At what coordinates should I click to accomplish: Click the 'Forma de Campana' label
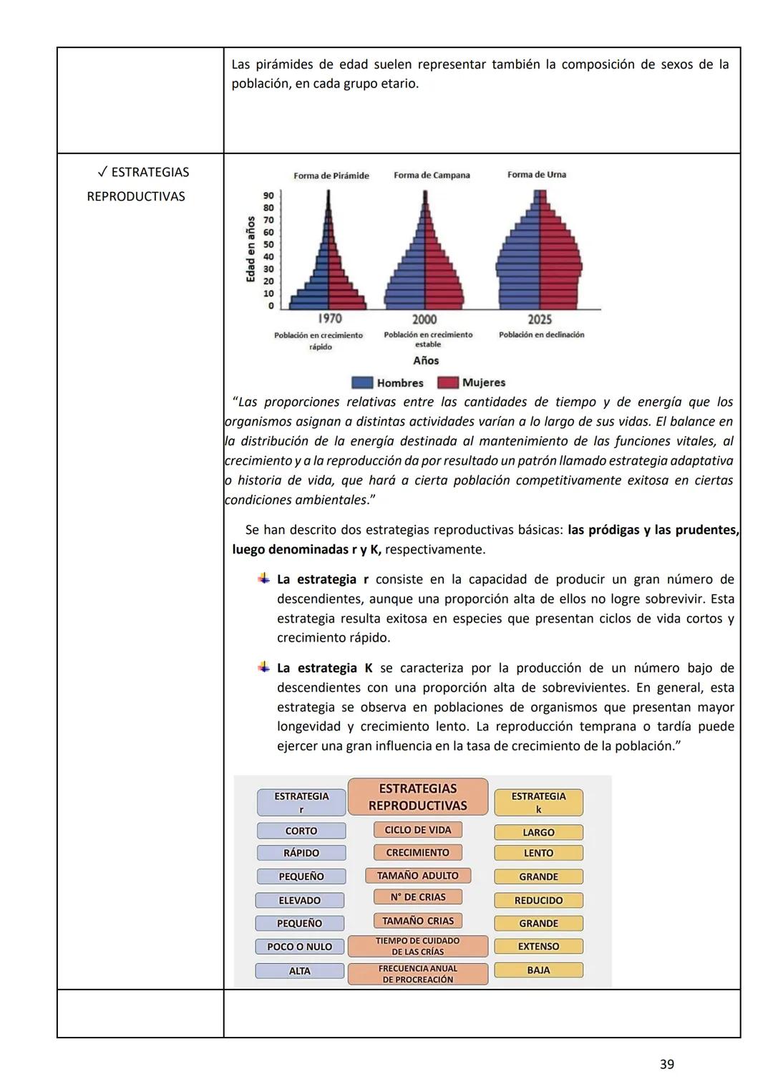click(432, 175)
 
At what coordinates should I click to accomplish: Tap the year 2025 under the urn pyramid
click(540, 319)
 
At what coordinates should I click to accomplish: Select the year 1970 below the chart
click(329, 319)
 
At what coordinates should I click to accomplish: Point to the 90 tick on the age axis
click(268, 195)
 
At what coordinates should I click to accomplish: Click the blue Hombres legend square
click(362, 383)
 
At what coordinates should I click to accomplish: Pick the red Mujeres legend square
click(448, 383)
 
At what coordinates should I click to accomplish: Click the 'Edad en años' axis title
click(251, 248)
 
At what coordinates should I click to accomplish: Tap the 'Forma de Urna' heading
click(536, 175)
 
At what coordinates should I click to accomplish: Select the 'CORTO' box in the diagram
click(301, 831)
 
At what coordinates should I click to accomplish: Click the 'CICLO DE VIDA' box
click(418, 830)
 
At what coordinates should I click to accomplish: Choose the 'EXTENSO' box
click(538, 947)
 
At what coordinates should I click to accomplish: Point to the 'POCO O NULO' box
click(300, 947)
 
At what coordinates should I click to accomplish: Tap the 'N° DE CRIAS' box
click(418, 897)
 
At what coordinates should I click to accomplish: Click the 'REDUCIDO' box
click(538, 901)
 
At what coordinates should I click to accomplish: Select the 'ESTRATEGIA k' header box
click(538, 803)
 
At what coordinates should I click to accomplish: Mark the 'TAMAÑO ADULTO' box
click(418, 876)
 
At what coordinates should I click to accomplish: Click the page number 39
click(666, 1065)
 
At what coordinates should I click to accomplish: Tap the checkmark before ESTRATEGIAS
click(102, 173)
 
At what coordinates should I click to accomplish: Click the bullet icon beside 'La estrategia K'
click(264, 667)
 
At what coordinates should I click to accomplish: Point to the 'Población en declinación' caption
click(541, 335)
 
